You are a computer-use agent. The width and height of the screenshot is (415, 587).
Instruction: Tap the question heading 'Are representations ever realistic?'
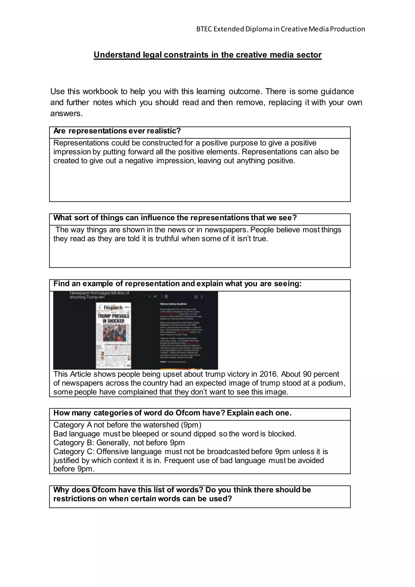[117, 131]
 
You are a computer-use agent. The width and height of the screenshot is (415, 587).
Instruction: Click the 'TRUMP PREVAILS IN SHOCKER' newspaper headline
[113, 319]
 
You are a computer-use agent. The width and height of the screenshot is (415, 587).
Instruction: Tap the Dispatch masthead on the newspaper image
[113, 307]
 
